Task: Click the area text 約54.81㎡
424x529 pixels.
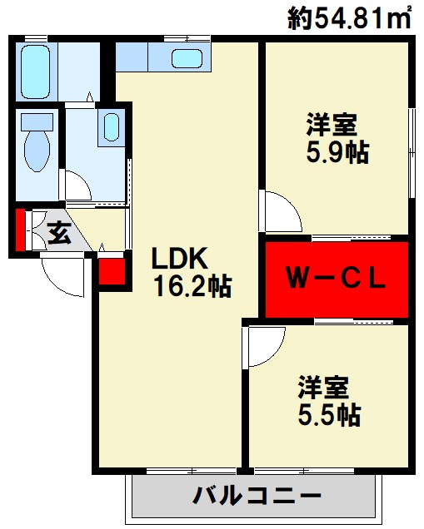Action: [350, 17]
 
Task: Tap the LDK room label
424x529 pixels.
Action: [179, 258]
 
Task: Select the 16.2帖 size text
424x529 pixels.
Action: [192, 286]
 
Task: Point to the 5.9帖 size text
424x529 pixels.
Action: [337, 152]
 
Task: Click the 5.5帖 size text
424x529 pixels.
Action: [329, 414]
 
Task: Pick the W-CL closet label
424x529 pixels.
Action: [336, 279]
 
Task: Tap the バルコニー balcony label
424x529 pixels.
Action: [257, 496]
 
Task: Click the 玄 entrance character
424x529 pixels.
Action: [59, 233]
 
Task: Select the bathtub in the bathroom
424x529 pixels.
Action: [35, 72]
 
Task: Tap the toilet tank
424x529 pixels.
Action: [37, 121]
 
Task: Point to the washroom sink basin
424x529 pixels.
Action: [111, 127]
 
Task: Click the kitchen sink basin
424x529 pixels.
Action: [187, 58]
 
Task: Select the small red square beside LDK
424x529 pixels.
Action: [112, 271]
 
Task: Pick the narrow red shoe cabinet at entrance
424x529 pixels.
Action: [20, 230]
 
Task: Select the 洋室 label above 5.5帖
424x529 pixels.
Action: [323, 388]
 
